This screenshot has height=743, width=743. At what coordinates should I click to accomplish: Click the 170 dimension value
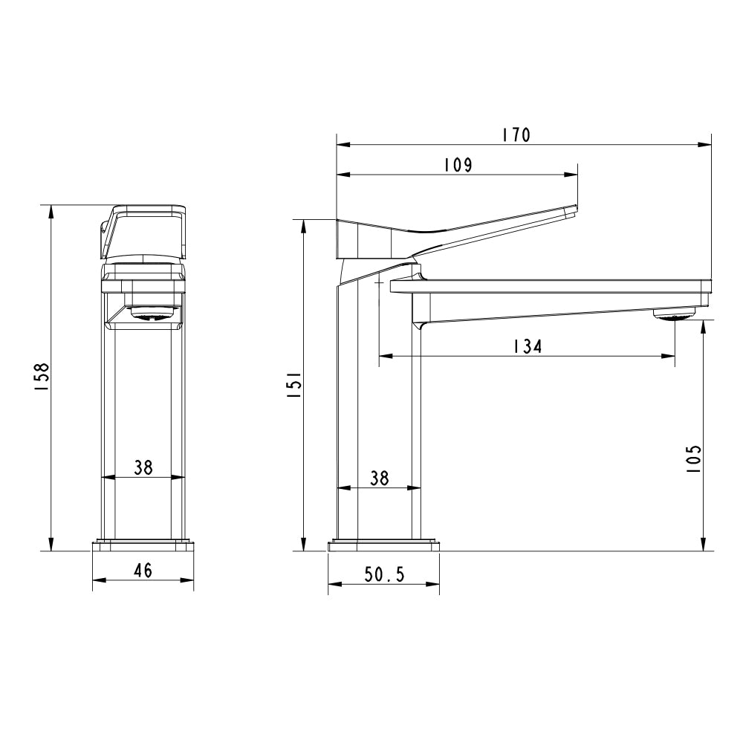pos(515,135)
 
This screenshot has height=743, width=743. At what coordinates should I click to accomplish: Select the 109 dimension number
pos(458,165)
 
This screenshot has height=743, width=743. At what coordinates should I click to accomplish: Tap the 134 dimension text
pos(527,346)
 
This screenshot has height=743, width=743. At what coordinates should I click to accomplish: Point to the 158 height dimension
pos(42,377)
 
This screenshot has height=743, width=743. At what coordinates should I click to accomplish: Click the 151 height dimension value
pos(293,386)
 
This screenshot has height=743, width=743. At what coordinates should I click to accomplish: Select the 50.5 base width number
pos(384,574)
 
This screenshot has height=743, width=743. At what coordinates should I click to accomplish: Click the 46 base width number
pos(143,571)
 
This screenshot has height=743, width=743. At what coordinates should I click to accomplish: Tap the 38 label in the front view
pos(143,467)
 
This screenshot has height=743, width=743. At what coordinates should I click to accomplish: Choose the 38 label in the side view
pos(379,478)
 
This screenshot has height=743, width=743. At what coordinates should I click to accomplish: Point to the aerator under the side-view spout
pos(675,316)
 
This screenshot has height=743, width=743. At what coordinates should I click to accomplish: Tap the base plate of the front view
pos(143,546)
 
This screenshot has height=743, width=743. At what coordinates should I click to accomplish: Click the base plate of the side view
pos(383,546)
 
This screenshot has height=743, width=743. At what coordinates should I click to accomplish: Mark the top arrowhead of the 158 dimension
pos(51,211)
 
